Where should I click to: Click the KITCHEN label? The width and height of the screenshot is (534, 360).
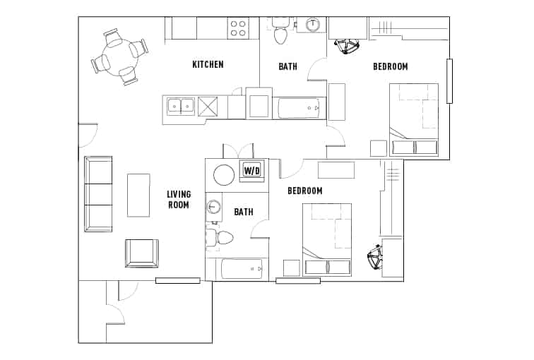208,65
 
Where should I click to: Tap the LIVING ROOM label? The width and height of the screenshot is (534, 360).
178,200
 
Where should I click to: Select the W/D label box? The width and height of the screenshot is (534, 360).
252,171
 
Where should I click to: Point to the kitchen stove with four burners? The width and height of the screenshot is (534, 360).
238,28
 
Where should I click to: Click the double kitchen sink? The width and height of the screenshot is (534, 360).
180,107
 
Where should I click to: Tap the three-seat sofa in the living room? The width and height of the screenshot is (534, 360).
98,194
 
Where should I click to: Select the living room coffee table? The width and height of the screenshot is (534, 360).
138,195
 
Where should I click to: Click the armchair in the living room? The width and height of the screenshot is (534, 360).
141,253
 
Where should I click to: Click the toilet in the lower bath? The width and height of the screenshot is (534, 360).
222,237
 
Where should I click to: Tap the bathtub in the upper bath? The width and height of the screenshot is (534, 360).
298,108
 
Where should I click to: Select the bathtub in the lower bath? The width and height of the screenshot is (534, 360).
241,269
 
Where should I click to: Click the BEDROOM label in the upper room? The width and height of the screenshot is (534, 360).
390,67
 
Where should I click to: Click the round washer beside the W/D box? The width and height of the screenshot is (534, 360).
224,174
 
